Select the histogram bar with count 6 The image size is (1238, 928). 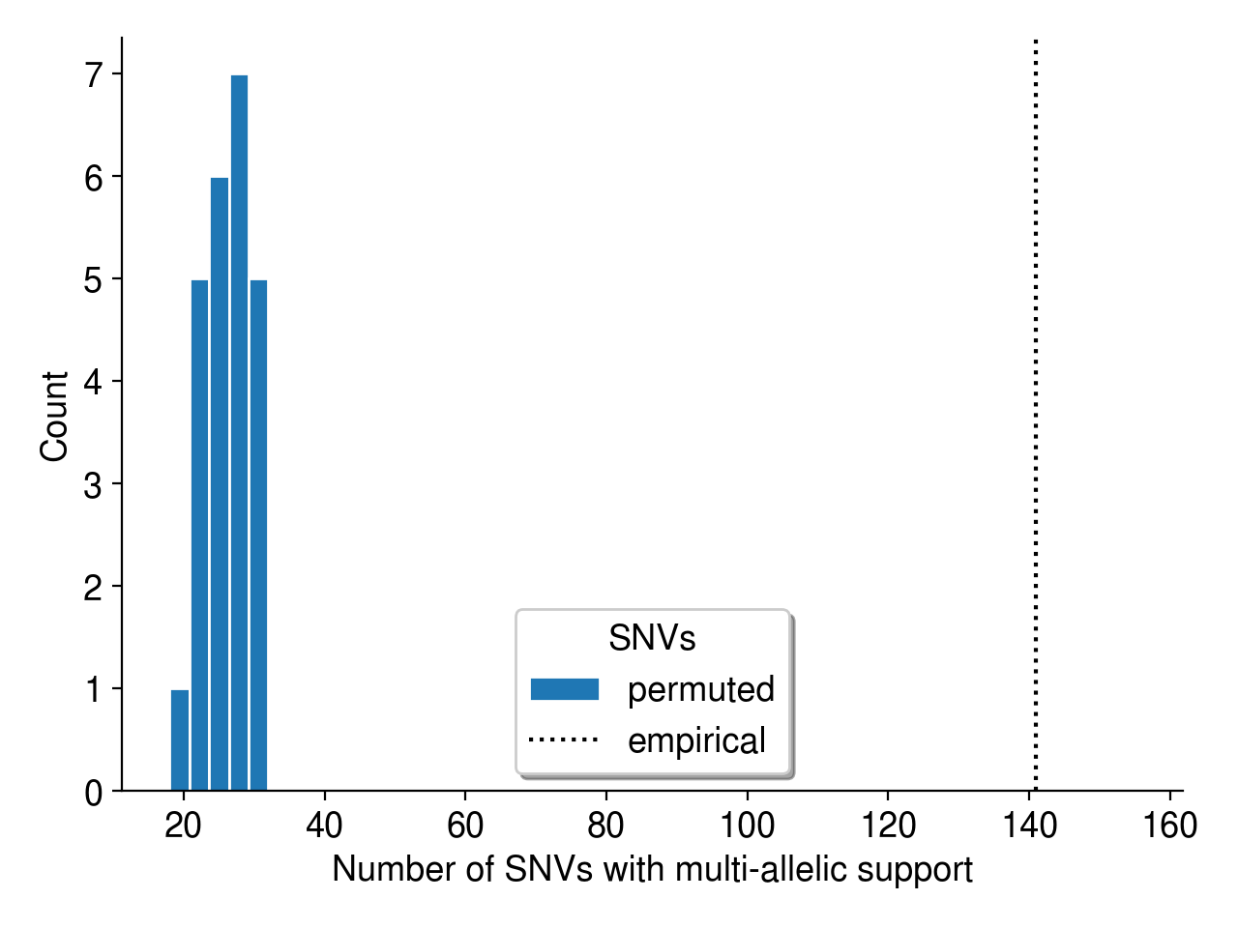[x=220, y=483]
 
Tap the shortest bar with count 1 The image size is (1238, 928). [x=180, y=739]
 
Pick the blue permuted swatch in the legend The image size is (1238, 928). [x=565, y=689]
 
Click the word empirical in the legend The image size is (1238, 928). [x=696, y=740]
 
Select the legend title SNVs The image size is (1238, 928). [x=652, y=638]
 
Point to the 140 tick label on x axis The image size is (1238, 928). [x=1029, y=826]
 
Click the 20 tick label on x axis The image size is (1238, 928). [x=183, y=826]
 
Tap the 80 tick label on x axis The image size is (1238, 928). [x=606, y=826]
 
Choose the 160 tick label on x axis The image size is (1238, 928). [x=1170, y=826]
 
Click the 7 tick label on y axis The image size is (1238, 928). [x=93, y=74]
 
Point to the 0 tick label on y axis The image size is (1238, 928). [x=93, y=793]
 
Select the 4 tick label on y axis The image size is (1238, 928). [x=93, y=382]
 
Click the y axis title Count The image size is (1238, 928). [x=54, y=416]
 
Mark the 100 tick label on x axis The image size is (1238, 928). [x=748, y=826]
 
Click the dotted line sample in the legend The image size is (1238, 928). [x=565, y=740]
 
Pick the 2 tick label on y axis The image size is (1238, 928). [x=93, y=587]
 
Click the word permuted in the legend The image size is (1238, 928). [x=701, y=689]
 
